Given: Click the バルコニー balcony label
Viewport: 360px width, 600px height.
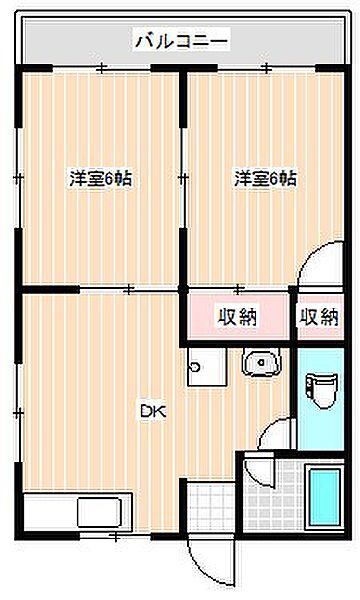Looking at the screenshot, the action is (x=182, y=40).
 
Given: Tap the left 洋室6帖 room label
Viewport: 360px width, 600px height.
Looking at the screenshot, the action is (x=101, y=179).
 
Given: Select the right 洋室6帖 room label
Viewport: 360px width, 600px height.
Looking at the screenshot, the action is (x=266, y=179).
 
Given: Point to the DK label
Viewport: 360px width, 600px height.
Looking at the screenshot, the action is (x=153, y=412).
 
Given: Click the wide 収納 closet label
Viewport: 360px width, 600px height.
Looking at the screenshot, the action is (x=238, y=316).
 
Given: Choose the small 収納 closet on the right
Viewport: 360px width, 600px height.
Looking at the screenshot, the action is (x=319, y=316).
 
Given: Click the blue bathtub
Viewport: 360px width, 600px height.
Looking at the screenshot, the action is (x=325, y=497).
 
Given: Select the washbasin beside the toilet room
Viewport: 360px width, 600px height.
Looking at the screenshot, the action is (x=261, y=362).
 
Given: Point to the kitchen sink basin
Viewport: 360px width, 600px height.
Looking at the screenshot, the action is (x=99, y=513).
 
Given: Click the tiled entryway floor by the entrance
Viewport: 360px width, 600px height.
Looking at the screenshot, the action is (x=211, y=506).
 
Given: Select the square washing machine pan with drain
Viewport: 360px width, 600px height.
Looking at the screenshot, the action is (x=207, y=367).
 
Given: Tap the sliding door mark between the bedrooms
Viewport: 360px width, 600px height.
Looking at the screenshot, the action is (x=183, y=178).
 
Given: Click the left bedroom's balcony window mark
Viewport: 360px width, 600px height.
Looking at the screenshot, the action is (x=101, y=68).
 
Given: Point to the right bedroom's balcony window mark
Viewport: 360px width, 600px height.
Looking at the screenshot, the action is (x=266, y=68).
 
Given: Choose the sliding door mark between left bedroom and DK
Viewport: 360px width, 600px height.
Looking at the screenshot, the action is (x=129, y=289).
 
